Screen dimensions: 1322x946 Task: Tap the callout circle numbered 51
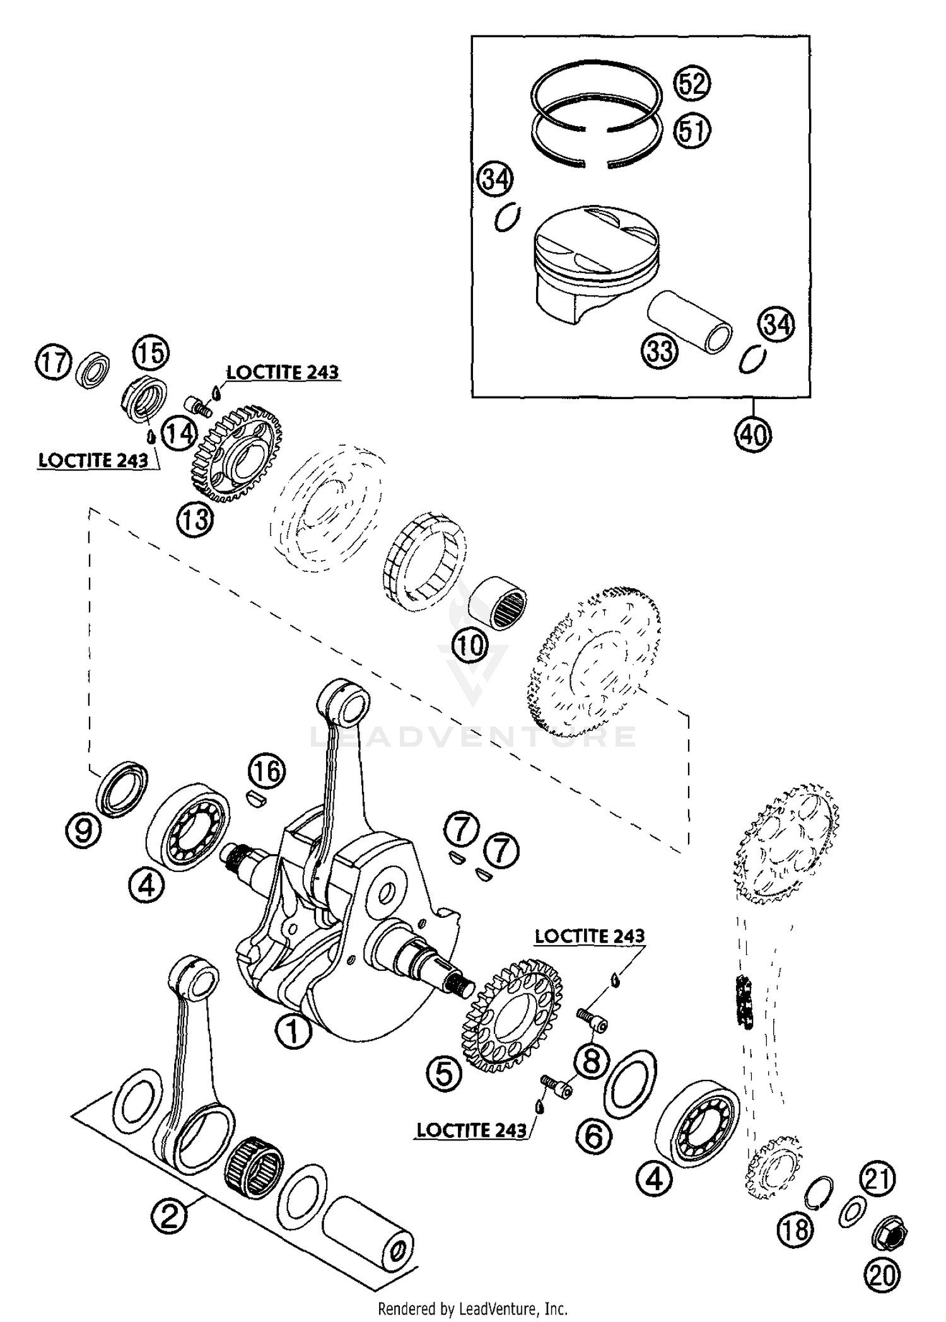click(x=692, y=130)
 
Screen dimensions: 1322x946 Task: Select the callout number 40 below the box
click(x=753, y=434)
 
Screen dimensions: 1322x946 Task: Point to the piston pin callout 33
click(x=660, y=349)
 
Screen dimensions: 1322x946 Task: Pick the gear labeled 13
click(x=237, y=455)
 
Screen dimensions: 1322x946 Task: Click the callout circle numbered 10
click(x=470, y=644)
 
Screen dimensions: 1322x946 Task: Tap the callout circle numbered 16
click(x=267, y=771)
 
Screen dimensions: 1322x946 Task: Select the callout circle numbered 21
click(x=877, y=1178)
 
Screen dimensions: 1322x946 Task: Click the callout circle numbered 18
click(x=795, y=1228)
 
